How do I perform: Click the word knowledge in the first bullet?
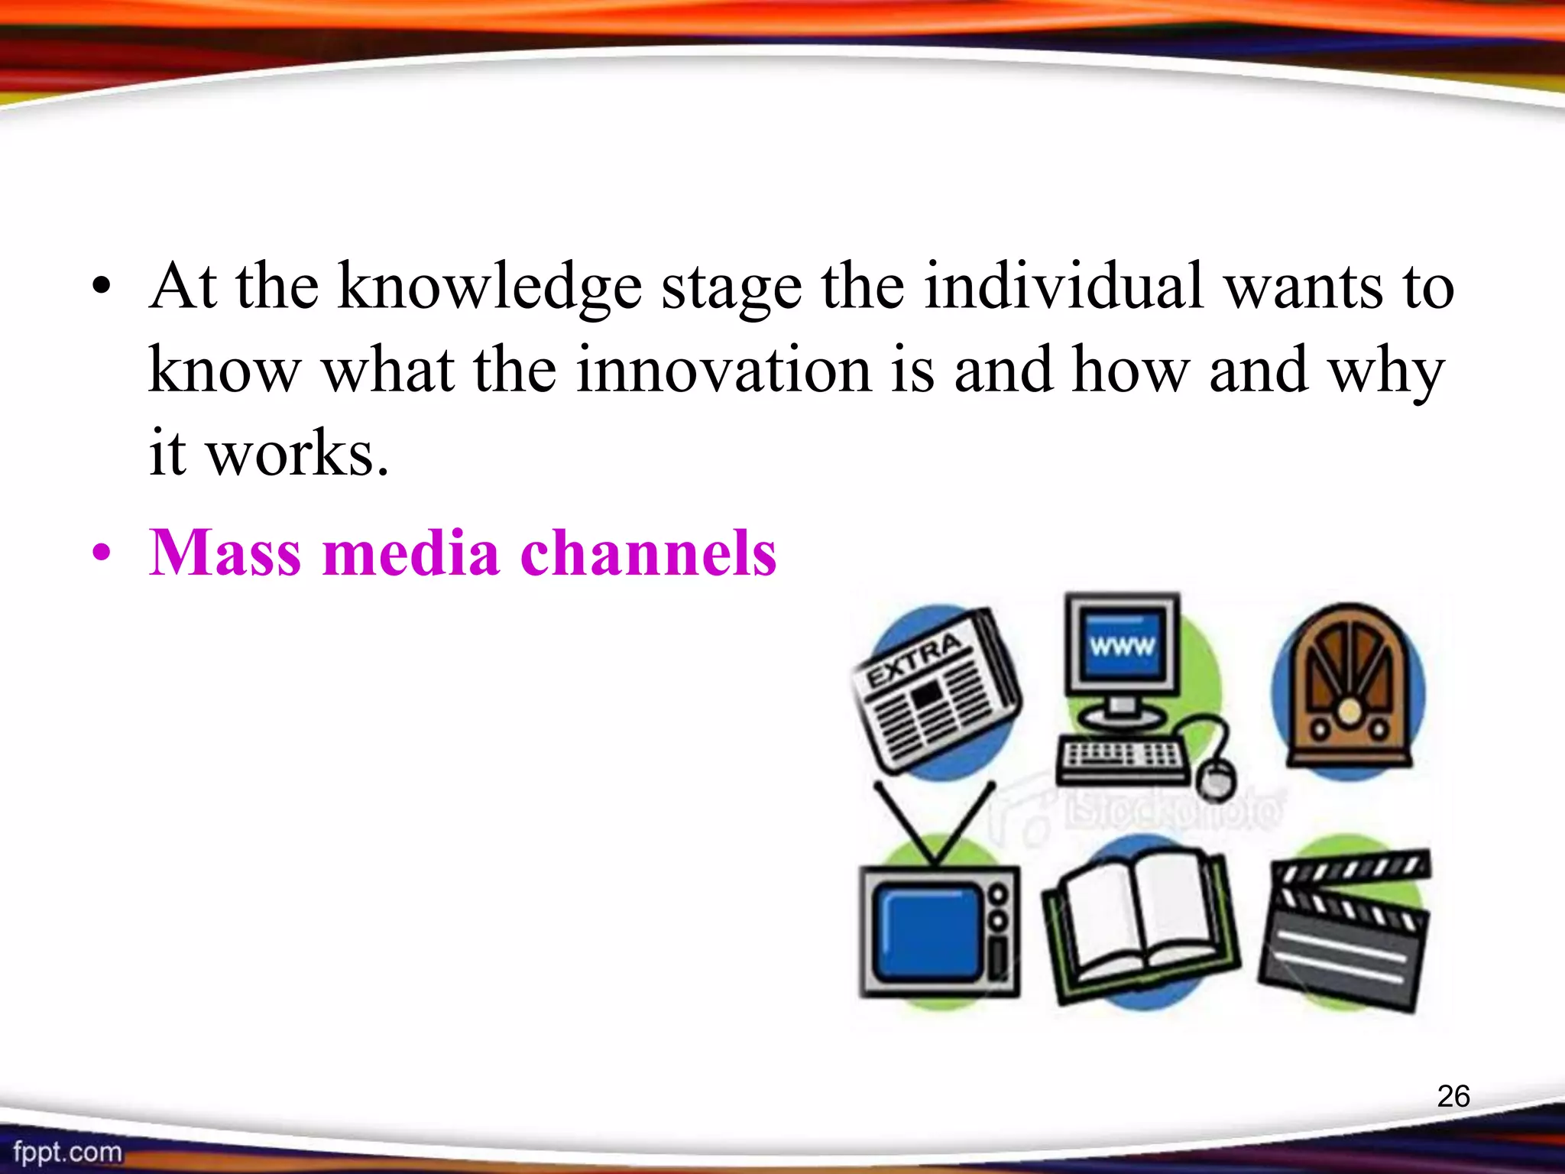(x=489, y=288)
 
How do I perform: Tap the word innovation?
(x=723, y=371)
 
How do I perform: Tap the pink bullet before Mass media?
(x=102, y=553)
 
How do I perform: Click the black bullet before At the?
(x=102, y=289)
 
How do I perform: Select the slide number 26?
(x=1453, y=1096)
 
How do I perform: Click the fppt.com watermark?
(x=67, y=1151)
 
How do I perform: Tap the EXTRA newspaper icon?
(x=936, y=692)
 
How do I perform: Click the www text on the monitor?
(x=1121, y=647)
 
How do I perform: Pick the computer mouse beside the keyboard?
(x=1216, y=778)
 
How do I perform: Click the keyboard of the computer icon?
(x=1121, y=758)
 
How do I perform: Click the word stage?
(x=731, y=288)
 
